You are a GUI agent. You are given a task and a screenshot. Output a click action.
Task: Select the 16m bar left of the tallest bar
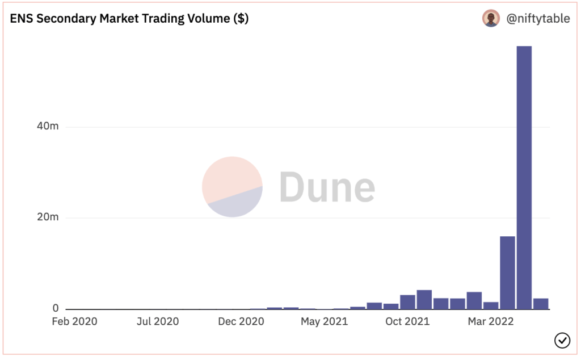[x=507, y=273]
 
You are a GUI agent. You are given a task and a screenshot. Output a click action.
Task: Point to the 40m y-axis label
[x=47, y=126]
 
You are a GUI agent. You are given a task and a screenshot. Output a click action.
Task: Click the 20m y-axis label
[x=47, y=217]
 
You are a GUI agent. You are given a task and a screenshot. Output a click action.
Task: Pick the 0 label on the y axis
[x=56, y=308]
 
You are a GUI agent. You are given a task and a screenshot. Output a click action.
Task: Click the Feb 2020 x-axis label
[x=74, y=322]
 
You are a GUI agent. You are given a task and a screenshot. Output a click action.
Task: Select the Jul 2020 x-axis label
[x=158, y=322]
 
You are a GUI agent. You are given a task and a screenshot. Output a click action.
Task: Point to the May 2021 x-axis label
[x=325, y=322]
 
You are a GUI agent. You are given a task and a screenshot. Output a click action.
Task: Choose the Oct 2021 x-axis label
[x=407, y=322]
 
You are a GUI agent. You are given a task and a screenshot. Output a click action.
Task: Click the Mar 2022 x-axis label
[x=490, y=322]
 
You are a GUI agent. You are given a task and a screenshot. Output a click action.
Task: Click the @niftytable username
[x=538, y=19]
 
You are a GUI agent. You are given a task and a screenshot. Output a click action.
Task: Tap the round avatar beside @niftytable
[x=491, y=18]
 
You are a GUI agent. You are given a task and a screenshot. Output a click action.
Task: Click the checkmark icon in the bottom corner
[x=562, y=340]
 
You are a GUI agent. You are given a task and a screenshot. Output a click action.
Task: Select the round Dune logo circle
[x=232, y=187]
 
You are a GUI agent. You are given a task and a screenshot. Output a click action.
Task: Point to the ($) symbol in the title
[x=241, y=18]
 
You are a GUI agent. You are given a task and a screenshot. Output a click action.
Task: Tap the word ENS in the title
[x=21, y=18]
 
